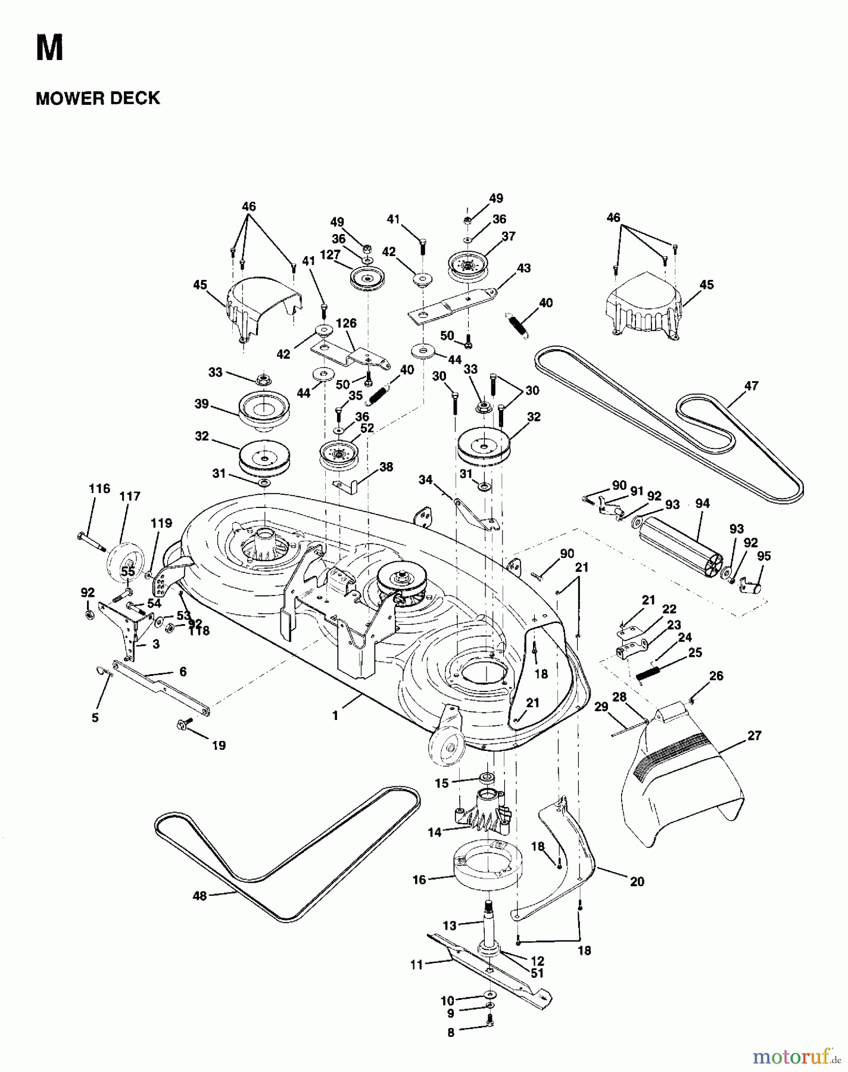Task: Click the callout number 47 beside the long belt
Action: (752, 386)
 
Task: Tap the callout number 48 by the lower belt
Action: (200, 896)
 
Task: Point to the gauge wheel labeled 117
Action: (124, 559)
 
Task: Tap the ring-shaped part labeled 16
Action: (487, 867)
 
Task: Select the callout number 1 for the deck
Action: (335, 716)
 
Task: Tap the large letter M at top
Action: (49, 48)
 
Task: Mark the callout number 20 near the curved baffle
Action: (637, 881)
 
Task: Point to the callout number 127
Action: (329, 254)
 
